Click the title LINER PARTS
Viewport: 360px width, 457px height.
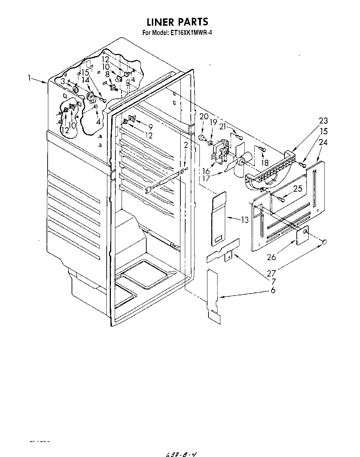click(178, 22)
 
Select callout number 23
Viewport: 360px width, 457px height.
click(323, 121)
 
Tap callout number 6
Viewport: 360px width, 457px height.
click(273, 290)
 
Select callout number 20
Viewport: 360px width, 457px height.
click(204, 117)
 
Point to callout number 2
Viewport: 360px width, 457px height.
click(186, 145)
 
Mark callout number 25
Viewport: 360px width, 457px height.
click(297, 189)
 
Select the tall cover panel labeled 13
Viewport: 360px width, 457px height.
click(219, 218)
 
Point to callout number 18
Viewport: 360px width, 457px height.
click(265, 162)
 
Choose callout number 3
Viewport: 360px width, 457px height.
click(63, 82)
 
